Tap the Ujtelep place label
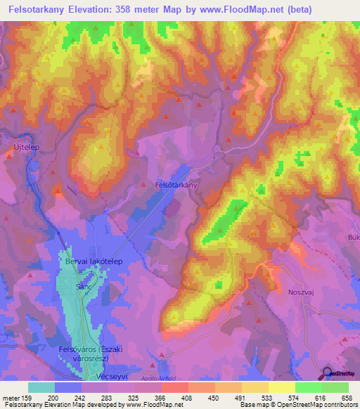[x=25, y=147]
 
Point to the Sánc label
[x=84, y=288]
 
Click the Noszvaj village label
[x=303, y=292]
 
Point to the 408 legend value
[x=187, y=397]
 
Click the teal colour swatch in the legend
[x=41, y=388]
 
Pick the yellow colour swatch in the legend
[x=281, y=388]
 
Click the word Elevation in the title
[x=89, y=9]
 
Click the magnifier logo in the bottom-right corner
[x=328, y=374]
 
